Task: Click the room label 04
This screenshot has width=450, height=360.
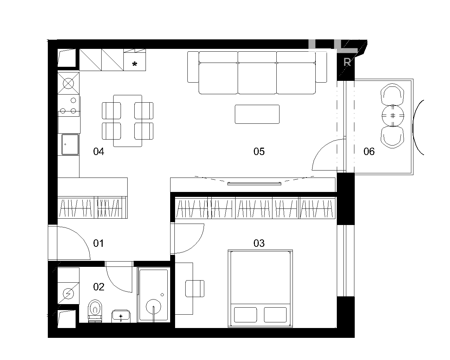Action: point(98,152)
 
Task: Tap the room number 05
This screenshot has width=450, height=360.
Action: point(259,152)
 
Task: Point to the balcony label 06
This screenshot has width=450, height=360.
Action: point(369,152)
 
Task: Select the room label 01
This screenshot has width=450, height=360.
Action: point(98,243)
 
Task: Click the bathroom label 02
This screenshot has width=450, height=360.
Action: point(98,287)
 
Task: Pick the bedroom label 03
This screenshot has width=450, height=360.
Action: point(259,243)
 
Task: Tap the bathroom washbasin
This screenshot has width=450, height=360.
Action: point(121,316)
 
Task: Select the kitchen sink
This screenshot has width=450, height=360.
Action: point(70,144)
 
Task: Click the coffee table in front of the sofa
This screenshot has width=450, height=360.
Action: point(257,114)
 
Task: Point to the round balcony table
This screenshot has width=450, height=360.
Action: point(393,116)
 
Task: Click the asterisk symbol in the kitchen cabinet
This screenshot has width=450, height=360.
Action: point(135,64)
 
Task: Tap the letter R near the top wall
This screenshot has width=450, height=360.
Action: point(347,62)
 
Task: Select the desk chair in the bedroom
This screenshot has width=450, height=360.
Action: point(195,289)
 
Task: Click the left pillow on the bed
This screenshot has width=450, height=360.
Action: point(245,315)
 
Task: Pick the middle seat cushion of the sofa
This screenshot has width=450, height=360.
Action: point(257,78)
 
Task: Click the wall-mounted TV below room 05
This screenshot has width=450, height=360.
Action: point(254,184)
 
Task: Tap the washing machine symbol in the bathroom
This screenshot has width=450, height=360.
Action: point(68,294)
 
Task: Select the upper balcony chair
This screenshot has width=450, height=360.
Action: point(392,94)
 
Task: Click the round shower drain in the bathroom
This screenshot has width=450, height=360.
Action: point(153,307)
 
